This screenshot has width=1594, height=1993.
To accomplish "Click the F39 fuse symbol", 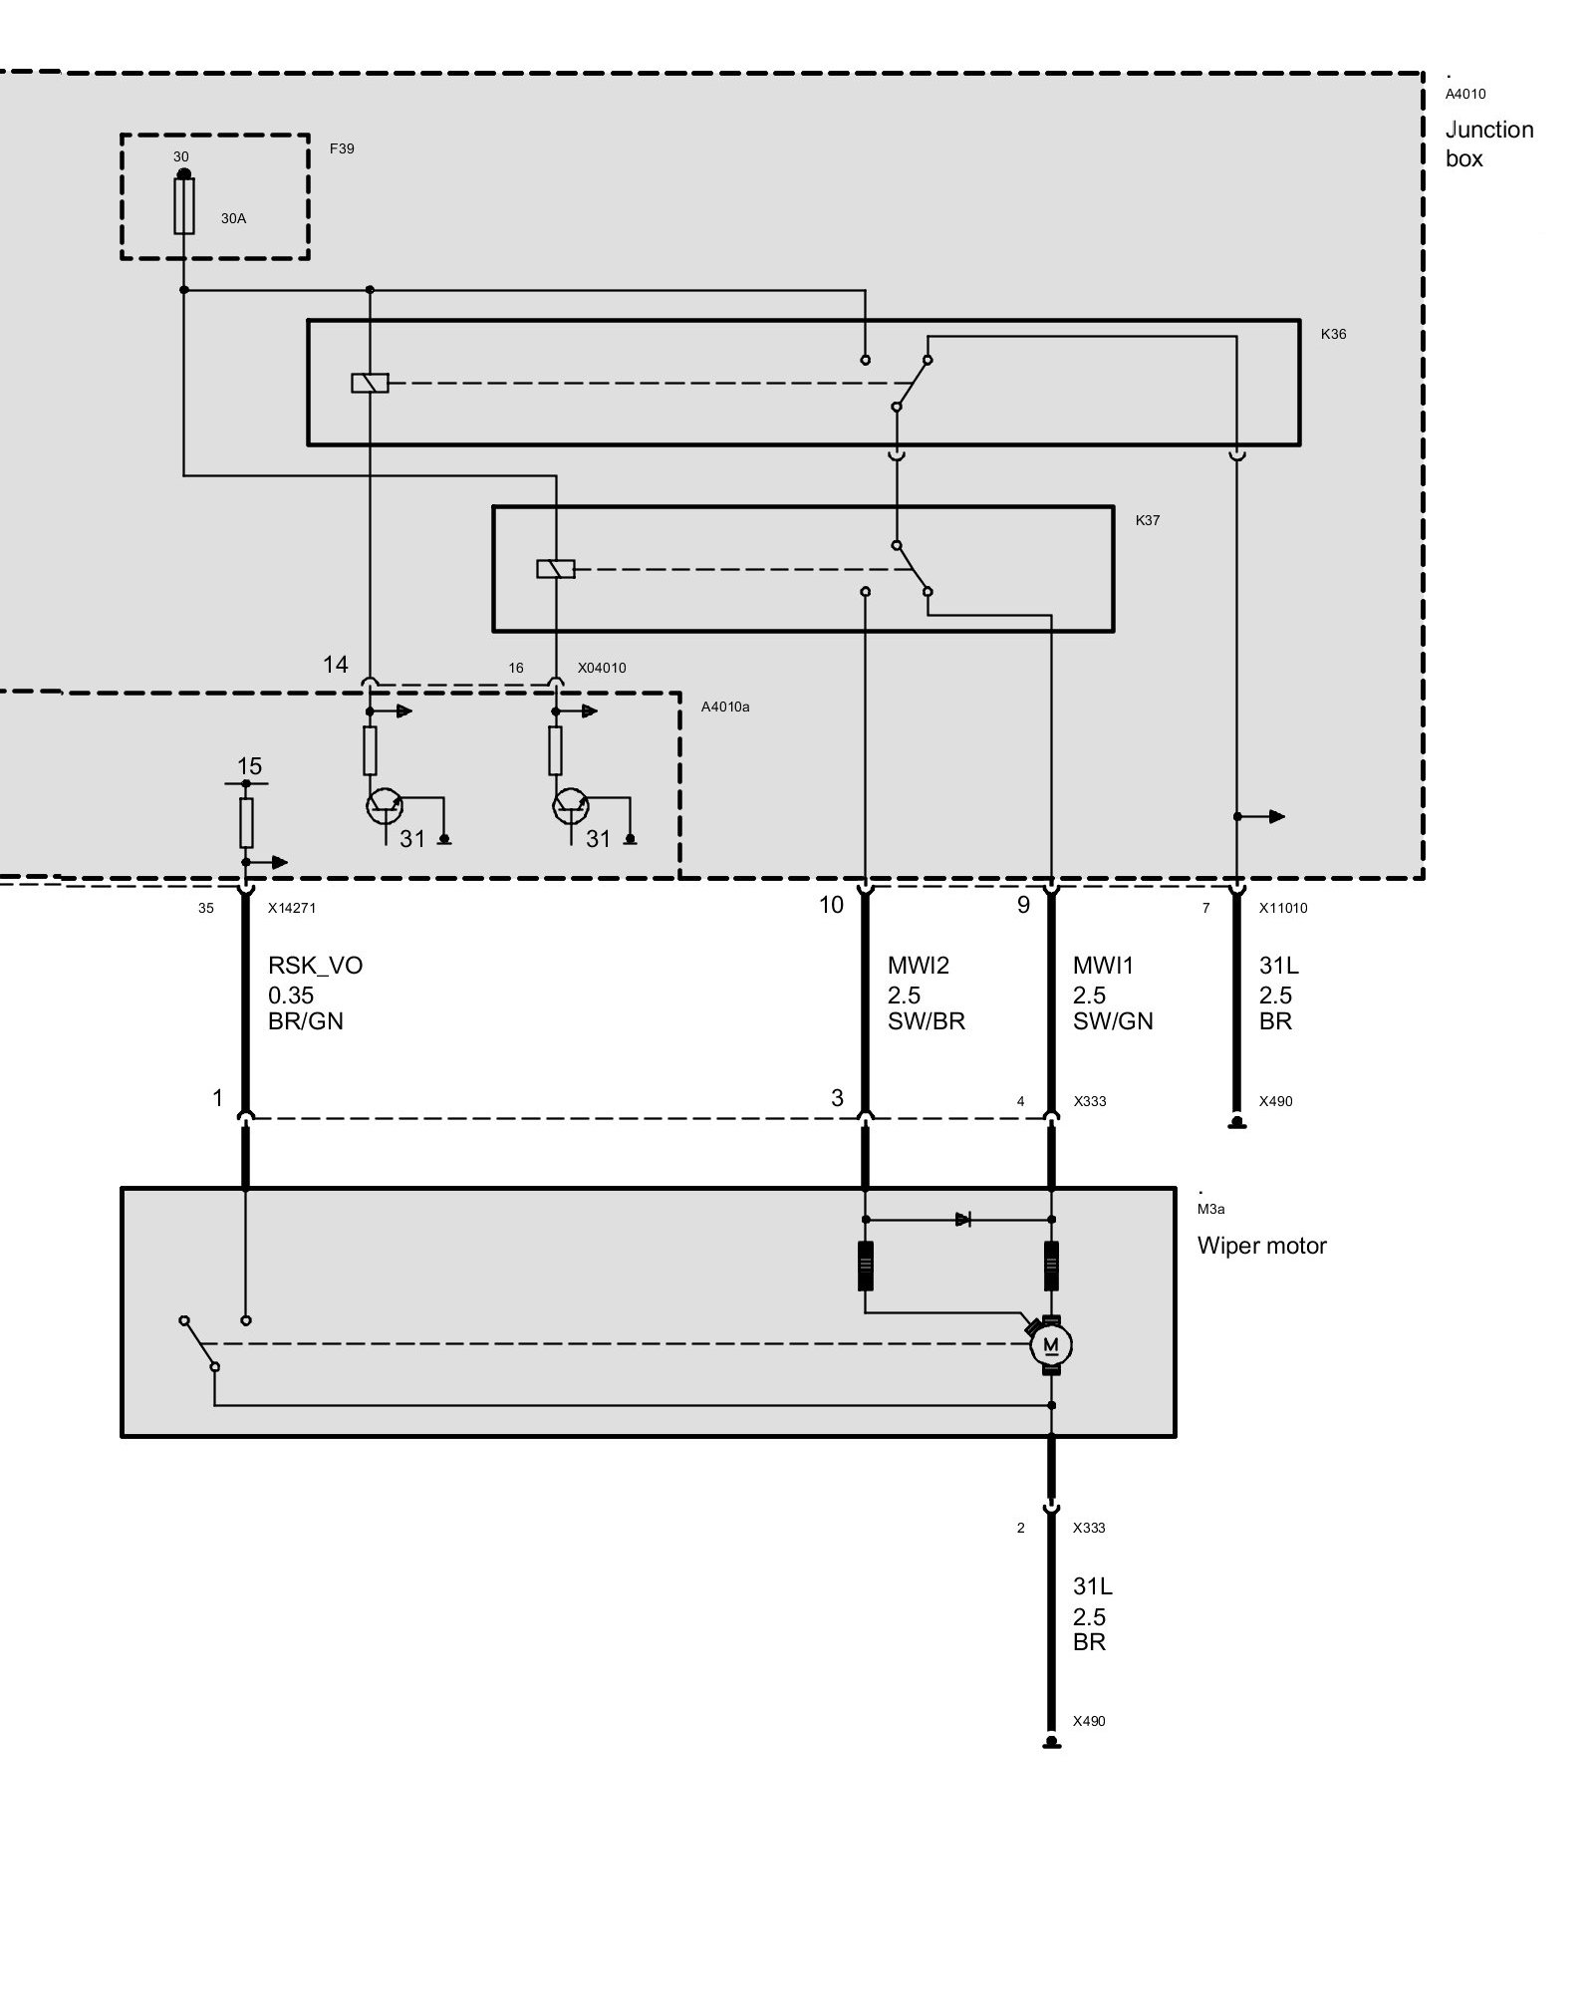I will (184, 206).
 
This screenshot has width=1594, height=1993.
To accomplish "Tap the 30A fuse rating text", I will (233, 218).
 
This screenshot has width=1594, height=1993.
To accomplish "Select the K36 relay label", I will (1333, 334).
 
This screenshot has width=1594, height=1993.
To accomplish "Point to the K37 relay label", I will (1148, 520).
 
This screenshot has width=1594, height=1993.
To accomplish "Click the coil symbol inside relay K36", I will (370, 383).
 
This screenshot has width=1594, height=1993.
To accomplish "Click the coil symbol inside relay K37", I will (555, 569).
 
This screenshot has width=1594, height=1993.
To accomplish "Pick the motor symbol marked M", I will (1051, 1346).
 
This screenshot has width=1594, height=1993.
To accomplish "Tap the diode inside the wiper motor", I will (962, 1219).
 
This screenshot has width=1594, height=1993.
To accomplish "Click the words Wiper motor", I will (1261, 1246).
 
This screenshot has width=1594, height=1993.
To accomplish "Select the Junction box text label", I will (1488, 143).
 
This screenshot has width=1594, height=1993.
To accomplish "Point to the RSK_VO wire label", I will (315, 966).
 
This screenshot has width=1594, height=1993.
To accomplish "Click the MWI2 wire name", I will (918, 966).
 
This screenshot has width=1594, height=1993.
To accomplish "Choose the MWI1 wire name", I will (1103, 966).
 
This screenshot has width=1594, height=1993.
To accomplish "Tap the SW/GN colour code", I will (1113, 1021).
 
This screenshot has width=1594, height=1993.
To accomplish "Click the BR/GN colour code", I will (305, 1021).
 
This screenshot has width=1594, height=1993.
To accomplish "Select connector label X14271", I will (292, 908).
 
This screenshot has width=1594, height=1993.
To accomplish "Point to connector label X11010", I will (1283, 908).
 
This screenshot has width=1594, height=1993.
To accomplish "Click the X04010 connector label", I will (602, 668).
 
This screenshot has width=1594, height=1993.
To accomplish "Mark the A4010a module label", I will (725, 707).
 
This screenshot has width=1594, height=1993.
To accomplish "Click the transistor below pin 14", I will (383, 805).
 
